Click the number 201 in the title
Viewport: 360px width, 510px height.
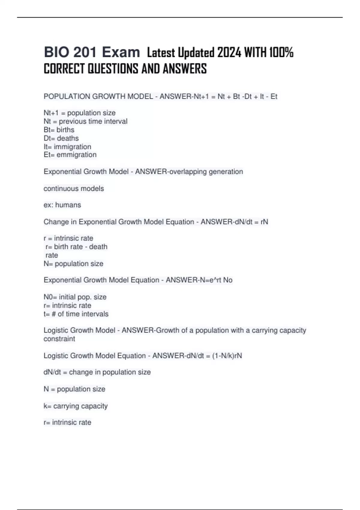[85, 52]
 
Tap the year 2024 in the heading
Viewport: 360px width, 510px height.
[229, 53]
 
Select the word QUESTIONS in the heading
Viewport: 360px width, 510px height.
[113, 69]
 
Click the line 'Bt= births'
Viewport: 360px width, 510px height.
[59, 130]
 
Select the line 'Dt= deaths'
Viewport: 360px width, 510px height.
[61, 138]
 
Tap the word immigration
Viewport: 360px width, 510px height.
[72, 147]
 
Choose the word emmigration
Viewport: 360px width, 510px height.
[76, 155]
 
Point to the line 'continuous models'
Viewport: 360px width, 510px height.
[74, 188]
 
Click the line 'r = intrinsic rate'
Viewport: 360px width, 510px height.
[68, 238]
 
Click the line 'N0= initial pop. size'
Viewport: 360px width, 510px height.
[75, 297]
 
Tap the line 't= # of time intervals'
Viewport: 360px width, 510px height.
[76, 314]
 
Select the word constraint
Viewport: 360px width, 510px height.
[59, 339]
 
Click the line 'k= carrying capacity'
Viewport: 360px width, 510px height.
[76, 406]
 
